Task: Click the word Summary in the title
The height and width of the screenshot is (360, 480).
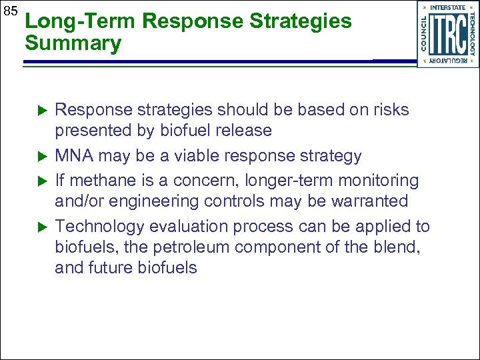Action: pyautogui.click(x=73, y=45)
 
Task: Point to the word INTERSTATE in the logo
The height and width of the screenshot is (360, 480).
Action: pyautogui.click(x=448, y=7)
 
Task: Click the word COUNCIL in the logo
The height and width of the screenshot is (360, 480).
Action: pyautogui.click(x=423, y=34)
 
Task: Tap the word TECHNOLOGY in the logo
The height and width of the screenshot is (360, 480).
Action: pyautogui.click(x=472, y=34)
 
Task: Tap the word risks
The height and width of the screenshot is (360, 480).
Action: pyautogui.click(x=389, y=110)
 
